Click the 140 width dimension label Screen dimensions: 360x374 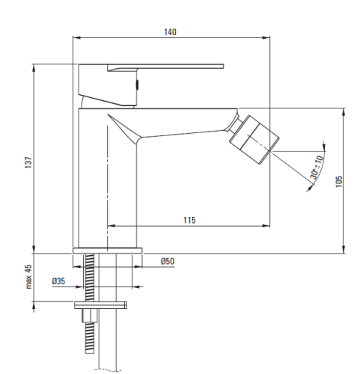[x=170, y=32]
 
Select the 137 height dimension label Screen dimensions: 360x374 [x=28, y=162]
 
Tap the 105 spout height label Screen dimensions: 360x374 [x=339, y=182]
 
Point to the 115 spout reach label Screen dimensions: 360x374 [x=189, y=220]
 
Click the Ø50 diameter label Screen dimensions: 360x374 [x=168, y=261]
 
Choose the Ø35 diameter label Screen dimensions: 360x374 [x=58, y=281]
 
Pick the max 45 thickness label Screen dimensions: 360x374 [x=28, y=277]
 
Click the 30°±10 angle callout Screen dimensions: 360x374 [x=317, y=168]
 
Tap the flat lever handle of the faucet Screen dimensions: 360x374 [x=165, y=67]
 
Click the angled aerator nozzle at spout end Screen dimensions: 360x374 [x=254, y=139]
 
